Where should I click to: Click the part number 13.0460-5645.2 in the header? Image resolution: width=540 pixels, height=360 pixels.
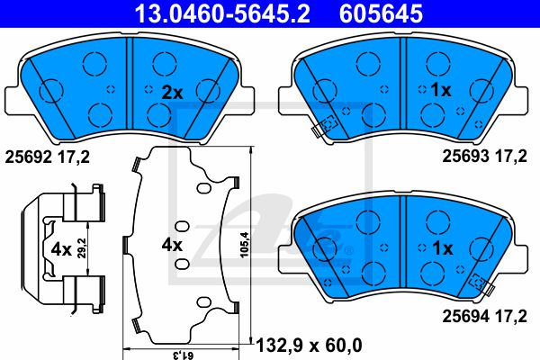[222, 13]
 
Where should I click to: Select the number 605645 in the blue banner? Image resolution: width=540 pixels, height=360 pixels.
[381, 13]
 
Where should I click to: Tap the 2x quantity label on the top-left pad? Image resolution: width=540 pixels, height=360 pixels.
[173, 93]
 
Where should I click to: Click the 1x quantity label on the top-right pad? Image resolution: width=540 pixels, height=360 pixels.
[441, 90]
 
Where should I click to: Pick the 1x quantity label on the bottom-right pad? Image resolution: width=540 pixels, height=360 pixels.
[443, 248]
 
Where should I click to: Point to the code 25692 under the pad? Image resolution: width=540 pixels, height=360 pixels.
[28, 157]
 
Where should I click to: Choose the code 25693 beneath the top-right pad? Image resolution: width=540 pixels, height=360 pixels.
[466, 157]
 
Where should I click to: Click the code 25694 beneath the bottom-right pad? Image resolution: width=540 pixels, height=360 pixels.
[466, 316]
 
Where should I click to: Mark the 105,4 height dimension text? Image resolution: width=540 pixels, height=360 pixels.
[244, 245]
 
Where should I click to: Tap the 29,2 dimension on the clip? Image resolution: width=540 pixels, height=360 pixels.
[82, 248]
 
